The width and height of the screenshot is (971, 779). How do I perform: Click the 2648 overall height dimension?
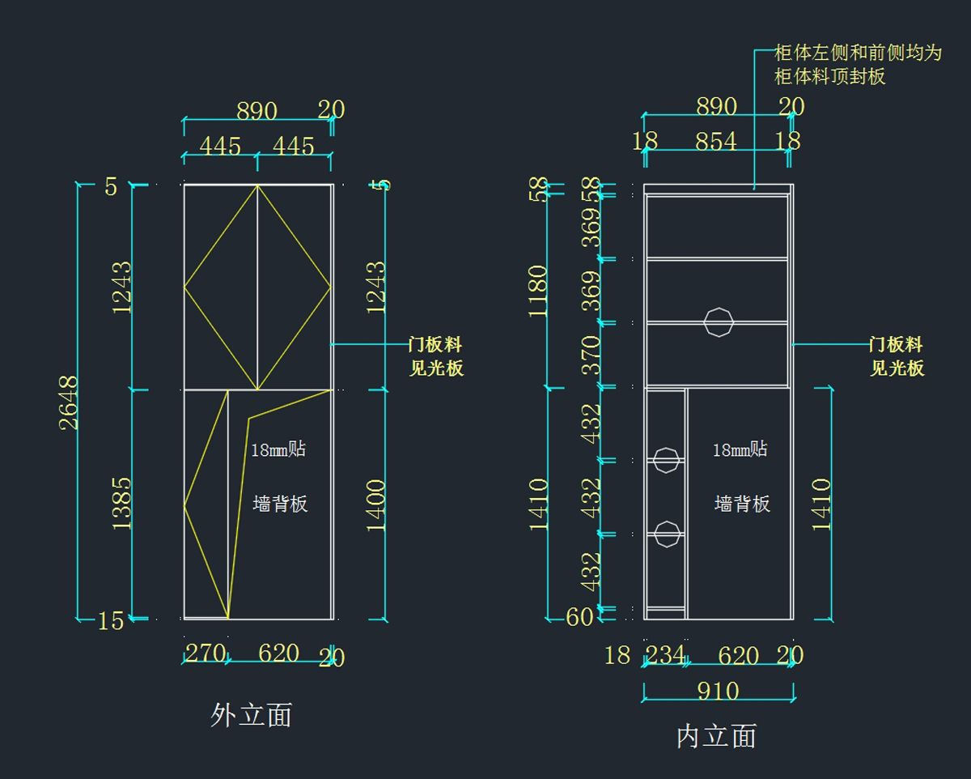coord(69,402)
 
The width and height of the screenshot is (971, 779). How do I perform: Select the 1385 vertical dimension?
coord(121,503)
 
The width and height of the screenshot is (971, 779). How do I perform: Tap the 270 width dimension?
coord(206,653)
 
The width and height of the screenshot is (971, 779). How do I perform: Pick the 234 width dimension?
coord(665,654)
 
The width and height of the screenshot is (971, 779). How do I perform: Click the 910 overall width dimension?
coord(718,692)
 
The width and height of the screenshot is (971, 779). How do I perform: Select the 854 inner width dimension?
coord(716,142)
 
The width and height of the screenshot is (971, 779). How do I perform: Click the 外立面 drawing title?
coord(251,715)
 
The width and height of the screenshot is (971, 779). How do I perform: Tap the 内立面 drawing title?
coord(716,736)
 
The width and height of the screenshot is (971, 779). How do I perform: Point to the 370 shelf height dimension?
coord(592,355)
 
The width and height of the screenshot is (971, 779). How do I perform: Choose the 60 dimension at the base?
coord(579,617)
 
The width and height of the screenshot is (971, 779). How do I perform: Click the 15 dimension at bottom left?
coord(111,621)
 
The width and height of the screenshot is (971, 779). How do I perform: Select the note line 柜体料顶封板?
coord(829,77)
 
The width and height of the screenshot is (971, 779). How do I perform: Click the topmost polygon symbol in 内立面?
coord(718,321)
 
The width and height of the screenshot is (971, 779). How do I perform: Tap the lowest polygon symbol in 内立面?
coord(666,534)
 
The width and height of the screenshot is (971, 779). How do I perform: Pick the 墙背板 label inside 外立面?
coord(280,504)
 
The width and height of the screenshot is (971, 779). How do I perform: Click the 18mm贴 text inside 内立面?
coord(740,449)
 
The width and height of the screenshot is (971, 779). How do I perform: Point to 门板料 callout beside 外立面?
coord(435,345)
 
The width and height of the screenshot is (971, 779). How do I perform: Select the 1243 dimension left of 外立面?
coord(121,287)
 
